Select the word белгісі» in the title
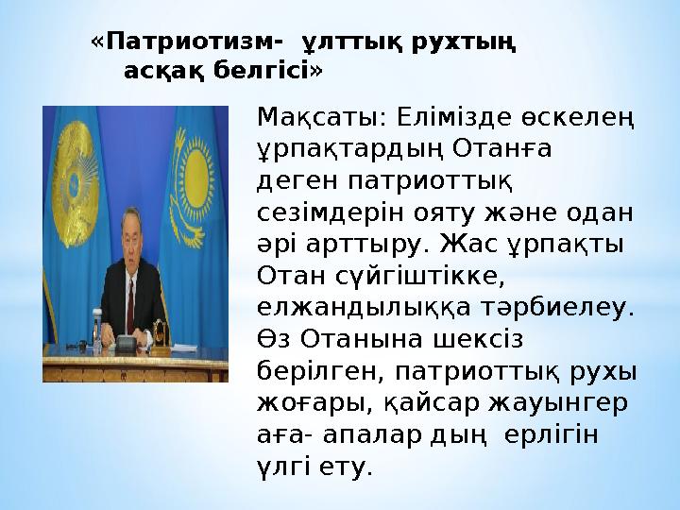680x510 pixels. [268, 70]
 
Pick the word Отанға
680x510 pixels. [501, 149]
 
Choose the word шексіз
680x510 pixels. [478, 340]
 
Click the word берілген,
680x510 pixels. [320, 371]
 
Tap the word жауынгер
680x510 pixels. [558, 404]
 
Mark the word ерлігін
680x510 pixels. [552, 435]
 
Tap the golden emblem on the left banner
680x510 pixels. [75, 183]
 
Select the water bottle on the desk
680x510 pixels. [97, 331]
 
